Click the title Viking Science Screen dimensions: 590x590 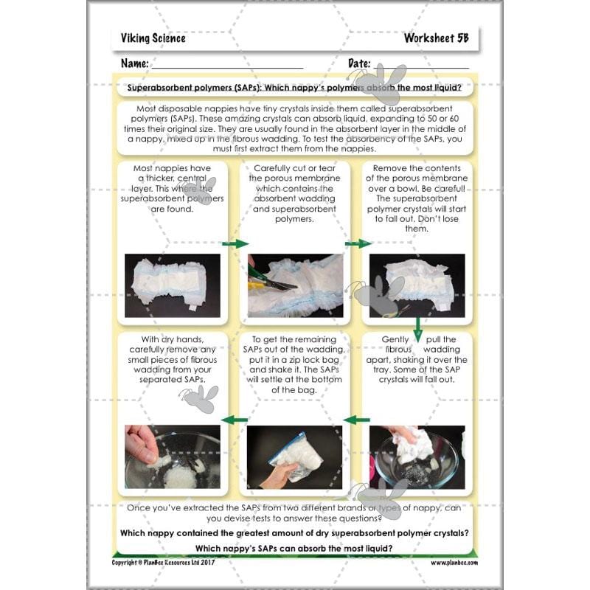pos(153,38)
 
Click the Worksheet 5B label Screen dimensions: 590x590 pos(436,38)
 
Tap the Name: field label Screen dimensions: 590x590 pos(135,63)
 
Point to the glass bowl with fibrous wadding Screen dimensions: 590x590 pos(417,457)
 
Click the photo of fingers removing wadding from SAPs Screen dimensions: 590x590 pos(172,457)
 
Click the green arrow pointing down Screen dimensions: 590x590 pos(417,325)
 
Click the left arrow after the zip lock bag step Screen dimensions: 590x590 pos(235,420)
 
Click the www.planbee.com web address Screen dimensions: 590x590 pos(454,562)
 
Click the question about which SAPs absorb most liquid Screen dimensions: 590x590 pos(293,547)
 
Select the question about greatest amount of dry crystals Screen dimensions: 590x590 pos(293,532)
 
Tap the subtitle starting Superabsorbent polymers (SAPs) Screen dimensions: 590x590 pos(294,88)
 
